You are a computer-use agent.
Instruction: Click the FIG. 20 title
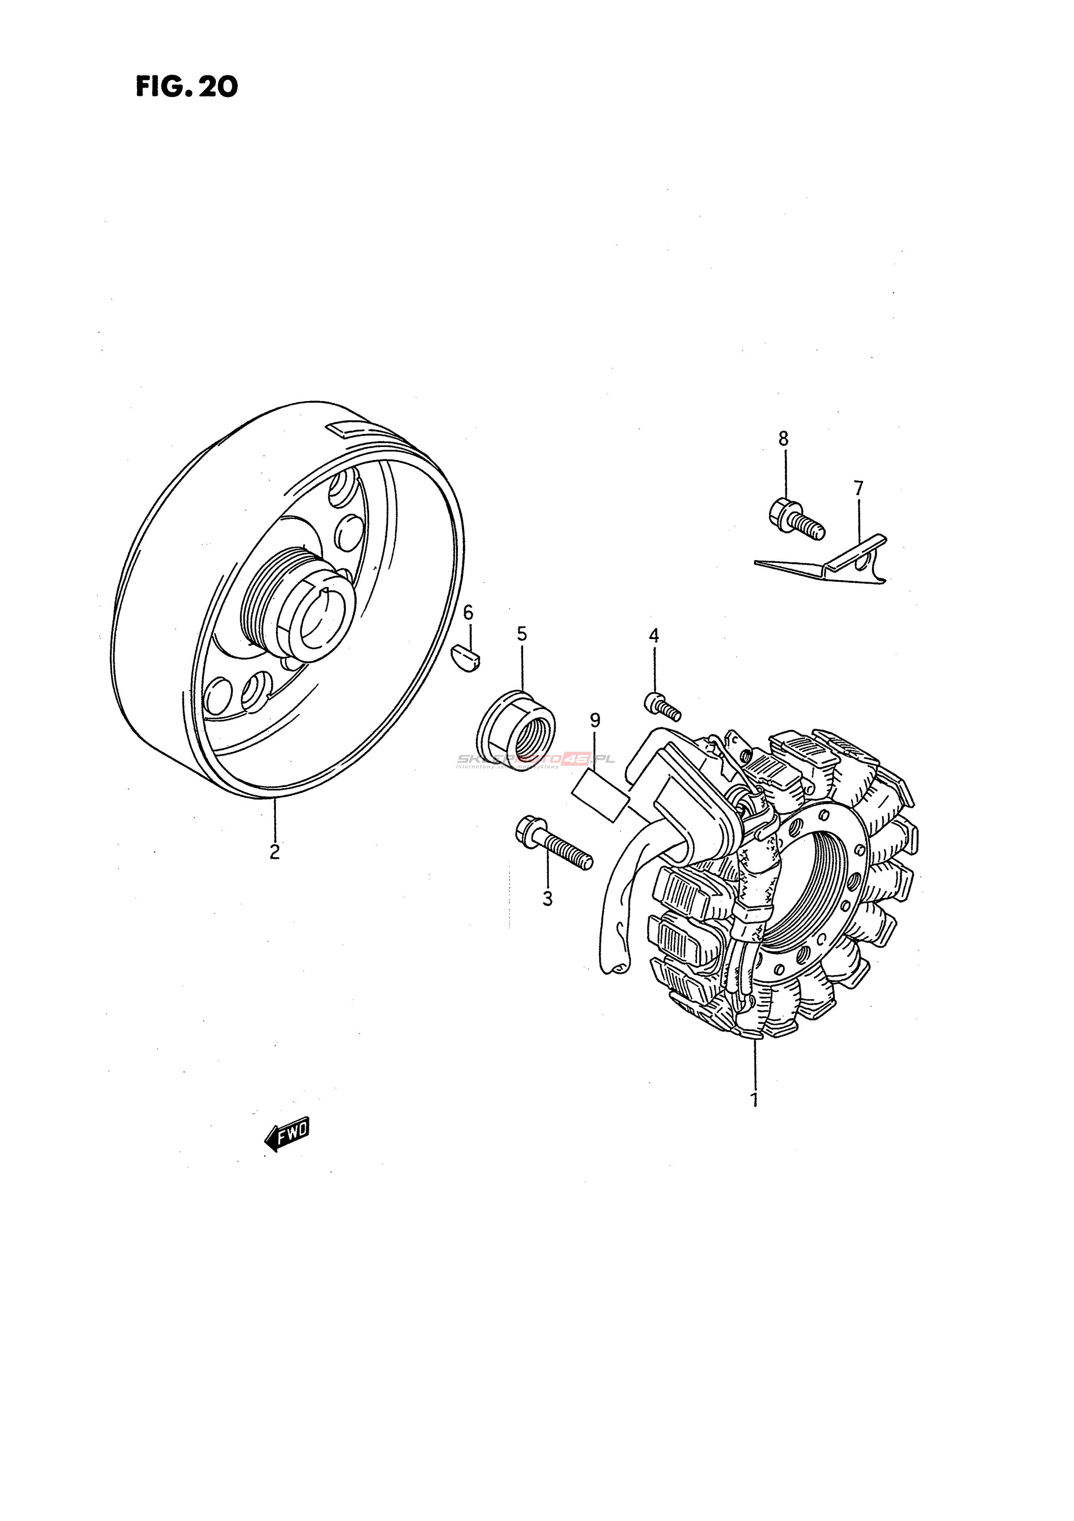[x=187, y=87]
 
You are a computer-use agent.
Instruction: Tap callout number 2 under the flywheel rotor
[x=274, y=851]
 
